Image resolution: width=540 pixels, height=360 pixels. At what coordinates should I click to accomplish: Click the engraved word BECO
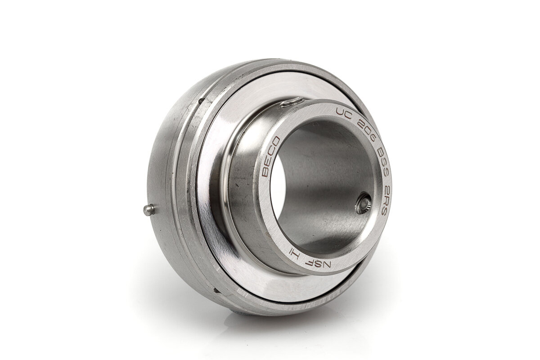pyautogui.click(x=271, y=156)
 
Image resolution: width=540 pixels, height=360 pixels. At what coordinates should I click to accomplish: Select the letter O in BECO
pyautogui.click(x=275, y=141)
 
